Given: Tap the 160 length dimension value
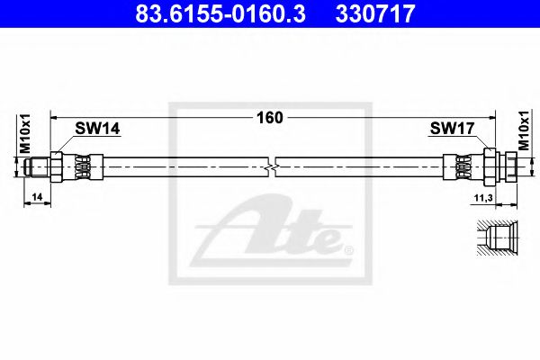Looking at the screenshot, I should coord(271,117).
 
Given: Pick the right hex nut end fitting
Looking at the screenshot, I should coord(501,166).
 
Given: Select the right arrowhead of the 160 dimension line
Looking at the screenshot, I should coord(491,117).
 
